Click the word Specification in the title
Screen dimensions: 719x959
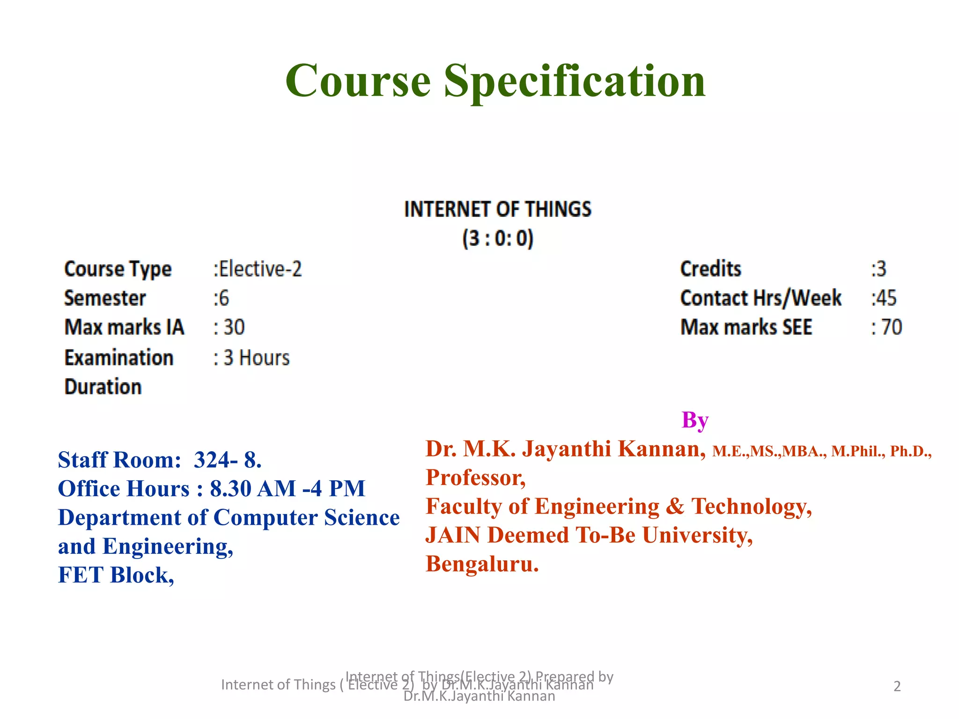tap(575, 81)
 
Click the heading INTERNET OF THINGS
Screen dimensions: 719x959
tap(498, 209)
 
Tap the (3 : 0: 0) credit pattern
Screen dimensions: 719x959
tap(498, 238)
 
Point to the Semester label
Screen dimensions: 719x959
tap(105, 299)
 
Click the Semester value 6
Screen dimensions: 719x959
tap(223, 299)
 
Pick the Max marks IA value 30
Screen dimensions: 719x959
tap(234, 327)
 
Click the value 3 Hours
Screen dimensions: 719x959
tap(256, 358)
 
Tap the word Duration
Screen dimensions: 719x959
tap(103, 387)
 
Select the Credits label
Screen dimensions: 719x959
tap(710, 269)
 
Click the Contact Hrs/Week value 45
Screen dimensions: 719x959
tap(886, 298)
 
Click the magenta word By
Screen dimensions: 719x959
tap(695, 420)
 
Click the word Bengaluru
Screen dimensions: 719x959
tap(482, 564)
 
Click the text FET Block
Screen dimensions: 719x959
tap(115, 575)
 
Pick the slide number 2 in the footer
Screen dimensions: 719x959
tap(897, 686)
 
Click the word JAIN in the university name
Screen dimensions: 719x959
tap(453, 535)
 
